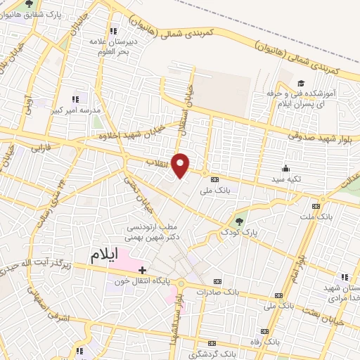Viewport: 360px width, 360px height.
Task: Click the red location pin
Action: coord(181,165)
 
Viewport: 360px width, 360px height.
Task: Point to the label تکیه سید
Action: coord(285,179)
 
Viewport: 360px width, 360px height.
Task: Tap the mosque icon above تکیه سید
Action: coord(285,168)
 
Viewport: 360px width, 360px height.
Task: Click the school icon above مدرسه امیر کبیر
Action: coord(76,100)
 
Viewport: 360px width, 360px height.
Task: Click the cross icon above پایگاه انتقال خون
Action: coord(142,269)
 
